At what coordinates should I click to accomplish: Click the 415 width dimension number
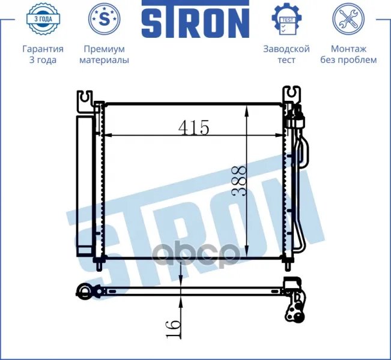point(194,127)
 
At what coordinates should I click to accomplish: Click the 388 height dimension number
point(239,181)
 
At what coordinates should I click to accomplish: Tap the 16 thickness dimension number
point(174,329)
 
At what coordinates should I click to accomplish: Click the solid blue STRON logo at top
point(196,19)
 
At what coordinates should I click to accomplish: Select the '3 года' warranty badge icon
point(43,19)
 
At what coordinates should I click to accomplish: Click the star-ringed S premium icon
point(105,19)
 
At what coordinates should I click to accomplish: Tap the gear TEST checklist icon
point(286,19)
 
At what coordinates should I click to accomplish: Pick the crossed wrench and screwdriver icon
point(348,19)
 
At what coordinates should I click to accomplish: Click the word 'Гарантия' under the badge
point(43,49)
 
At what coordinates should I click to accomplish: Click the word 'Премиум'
point(105,49)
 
